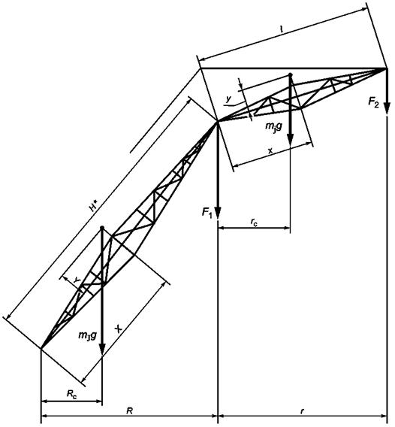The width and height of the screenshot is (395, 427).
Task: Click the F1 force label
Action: [x=207, y=213]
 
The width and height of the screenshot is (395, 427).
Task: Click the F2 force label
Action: [x=373, y=103]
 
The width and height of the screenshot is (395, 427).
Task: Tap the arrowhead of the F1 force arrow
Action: [x=218, y=213]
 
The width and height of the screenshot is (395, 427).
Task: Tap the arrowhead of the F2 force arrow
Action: [x=387, y=109]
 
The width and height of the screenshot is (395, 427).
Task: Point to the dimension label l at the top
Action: [x=282, y=29]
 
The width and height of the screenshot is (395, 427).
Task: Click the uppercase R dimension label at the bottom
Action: [x=129, y=410]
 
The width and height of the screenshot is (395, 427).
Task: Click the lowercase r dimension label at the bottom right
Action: [x=302, y=411]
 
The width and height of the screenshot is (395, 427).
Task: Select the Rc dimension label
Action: [x=72, y=394]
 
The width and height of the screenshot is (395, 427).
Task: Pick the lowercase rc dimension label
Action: [x=254, y=222]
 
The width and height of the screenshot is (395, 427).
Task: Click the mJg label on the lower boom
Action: [x=87, y=335]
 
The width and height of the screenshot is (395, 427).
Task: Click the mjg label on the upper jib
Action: [x=273, y=126]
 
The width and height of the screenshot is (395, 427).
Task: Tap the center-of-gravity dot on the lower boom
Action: [x=102, y=227]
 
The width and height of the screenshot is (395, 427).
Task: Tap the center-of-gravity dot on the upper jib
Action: [x=291, y=74]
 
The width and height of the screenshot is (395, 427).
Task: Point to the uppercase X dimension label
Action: [x=119, y=329]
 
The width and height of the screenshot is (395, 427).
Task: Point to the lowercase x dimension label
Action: [x=270, y=150]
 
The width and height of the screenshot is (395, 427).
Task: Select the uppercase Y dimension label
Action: [x=77, y=280]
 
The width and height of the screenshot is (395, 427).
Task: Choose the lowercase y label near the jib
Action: [x=228, y=99]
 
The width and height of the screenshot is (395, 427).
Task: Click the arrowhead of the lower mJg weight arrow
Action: [x=102, y=350]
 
